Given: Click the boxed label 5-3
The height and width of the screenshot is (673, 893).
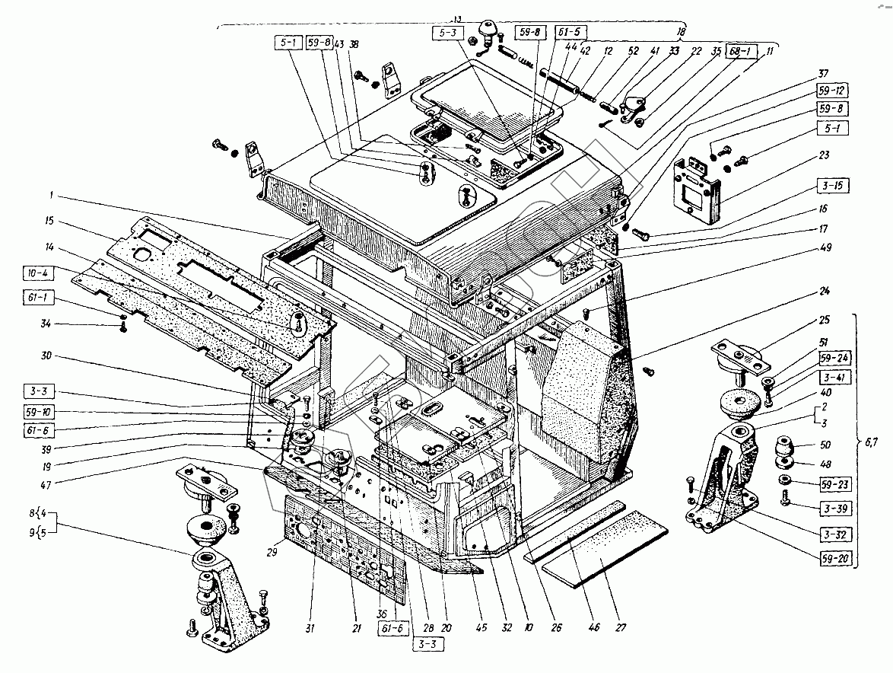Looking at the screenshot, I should pyautogui.click(x=446, y=34).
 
